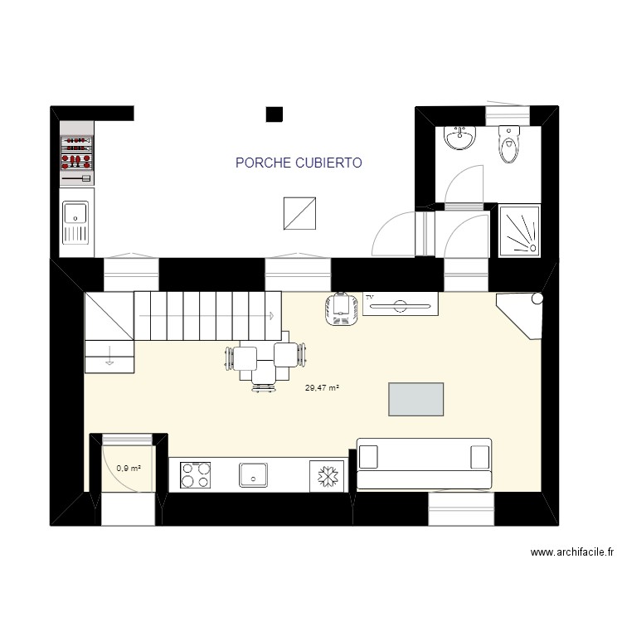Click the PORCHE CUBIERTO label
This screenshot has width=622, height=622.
pos(299,163)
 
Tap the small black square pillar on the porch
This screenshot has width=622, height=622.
pos(275,114)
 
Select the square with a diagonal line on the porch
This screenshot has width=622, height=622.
pos(299,213)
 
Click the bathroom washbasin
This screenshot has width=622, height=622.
pos(459,138)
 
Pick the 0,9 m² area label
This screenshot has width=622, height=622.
pos(129,468)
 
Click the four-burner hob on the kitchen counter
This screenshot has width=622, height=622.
pos(196,475)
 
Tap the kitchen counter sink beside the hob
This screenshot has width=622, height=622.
pos(252,475)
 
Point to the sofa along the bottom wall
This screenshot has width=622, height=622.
pos(423,464)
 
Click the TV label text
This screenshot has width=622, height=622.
pos(370,296)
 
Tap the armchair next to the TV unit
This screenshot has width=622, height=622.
pos(339,309)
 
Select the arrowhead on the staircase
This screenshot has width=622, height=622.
pos(271,315)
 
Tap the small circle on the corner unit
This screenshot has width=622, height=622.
pos(537,297)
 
